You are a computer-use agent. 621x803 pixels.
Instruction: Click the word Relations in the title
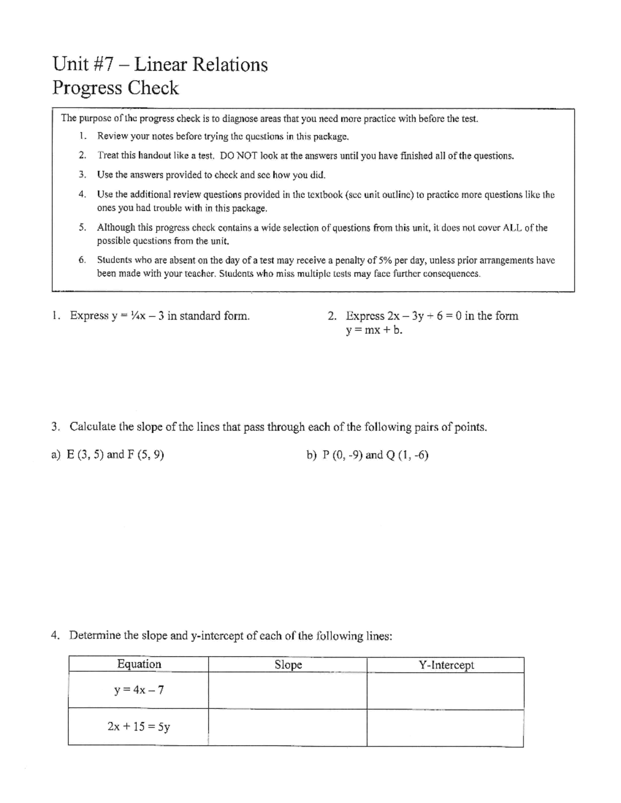click(x=230, y=65)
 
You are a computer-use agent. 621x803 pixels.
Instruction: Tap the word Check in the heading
click(x=153, y=88)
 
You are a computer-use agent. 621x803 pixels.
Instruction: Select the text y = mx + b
click(x=374, y=330)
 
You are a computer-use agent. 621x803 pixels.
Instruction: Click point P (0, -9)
click(x=342, y=455)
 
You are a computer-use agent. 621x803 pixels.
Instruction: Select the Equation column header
click(x=139, y=664)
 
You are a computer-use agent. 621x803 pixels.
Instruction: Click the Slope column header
click(x=288, y=665)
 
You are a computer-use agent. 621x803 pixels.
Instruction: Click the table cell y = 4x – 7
click(x=139, y=690)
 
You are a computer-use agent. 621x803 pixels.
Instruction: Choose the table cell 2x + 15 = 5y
click(x=139, y=726)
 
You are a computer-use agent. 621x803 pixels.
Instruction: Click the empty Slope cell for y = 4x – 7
click(x=288, y=690)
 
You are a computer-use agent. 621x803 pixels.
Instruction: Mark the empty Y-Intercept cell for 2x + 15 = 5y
click(x=446, y=727)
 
